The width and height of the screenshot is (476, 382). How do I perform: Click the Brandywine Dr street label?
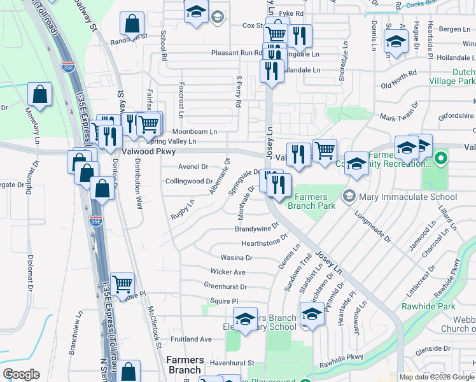257,227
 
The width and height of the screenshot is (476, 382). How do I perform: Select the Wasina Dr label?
236,258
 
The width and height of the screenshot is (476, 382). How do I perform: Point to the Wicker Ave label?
228,272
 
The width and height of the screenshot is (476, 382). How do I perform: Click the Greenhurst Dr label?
225,287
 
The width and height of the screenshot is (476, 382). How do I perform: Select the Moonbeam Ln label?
194,132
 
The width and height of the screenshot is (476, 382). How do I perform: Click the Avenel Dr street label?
193,167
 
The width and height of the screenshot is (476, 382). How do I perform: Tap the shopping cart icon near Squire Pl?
122,284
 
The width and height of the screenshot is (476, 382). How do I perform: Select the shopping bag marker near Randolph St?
132,24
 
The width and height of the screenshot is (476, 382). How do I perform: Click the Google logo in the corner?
21,374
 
